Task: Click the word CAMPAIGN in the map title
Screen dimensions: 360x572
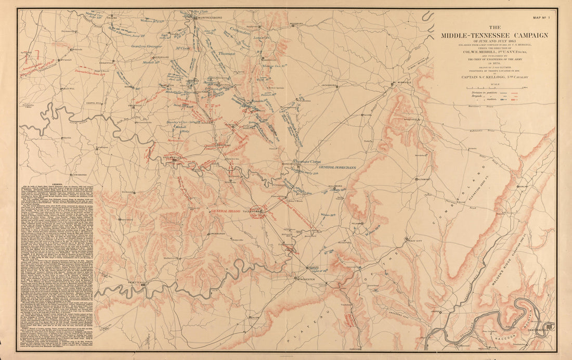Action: click(522, 35)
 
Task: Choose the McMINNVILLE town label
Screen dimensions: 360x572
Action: click(403, 83)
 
